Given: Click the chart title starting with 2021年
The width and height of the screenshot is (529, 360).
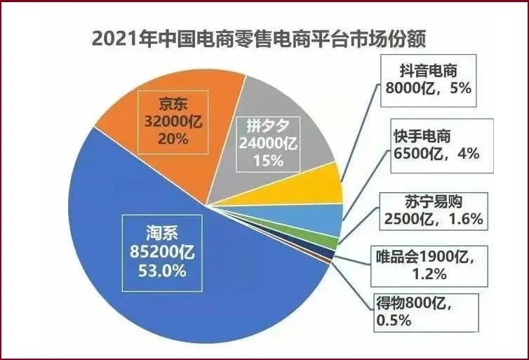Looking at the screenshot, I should (259, 38).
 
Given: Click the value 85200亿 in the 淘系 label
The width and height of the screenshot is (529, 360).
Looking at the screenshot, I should (162, 248).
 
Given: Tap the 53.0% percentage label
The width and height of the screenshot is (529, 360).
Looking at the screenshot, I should (162, 271).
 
